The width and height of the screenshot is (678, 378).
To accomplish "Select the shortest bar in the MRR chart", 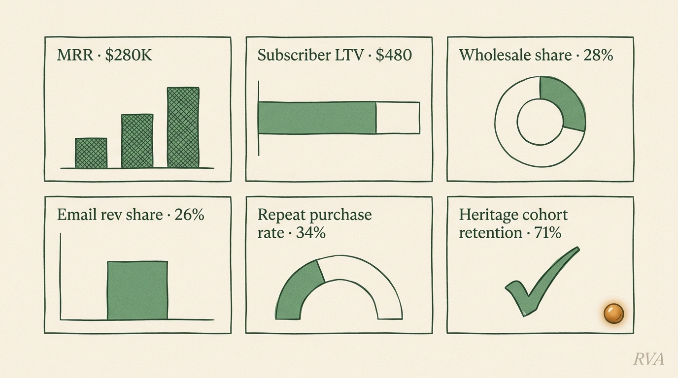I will [x=91, y=153].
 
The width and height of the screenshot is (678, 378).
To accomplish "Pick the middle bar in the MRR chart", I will [x=137, y=141].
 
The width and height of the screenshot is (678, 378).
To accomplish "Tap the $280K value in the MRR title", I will [x=129, y=55].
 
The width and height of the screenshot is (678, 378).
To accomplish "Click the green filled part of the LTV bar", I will [x=317, y=118].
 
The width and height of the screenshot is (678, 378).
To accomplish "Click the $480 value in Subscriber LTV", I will [x=394, y=55].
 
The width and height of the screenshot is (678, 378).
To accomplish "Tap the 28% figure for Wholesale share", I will [x=598, y=55].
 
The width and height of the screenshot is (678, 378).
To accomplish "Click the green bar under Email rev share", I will [x=137, y=290].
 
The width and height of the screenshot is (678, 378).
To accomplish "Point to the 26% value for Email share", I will [x=189, y=215].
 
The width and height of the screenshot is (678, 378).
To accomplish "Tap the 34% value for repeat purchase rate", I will [x=310, y=233].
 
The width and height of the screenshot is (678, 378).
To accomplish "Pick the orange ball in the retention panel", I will [x=613, y=313].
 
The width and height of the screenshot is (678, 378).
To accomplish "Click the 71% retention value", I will [x=547, y=233].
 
